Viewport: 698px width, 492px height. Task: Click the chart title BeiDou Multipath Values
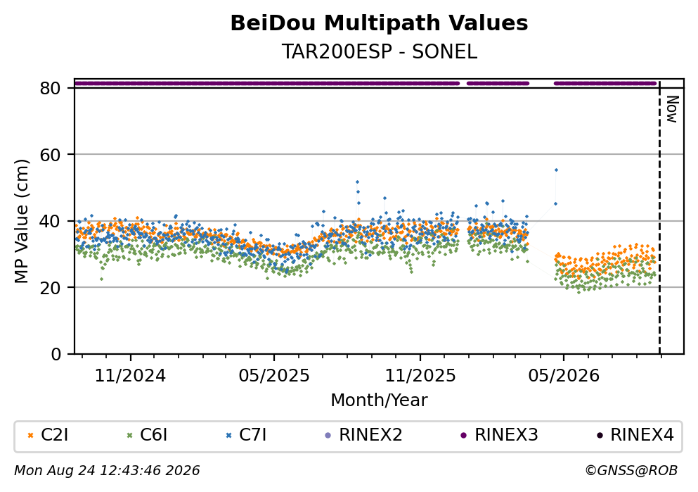click(x=379, y=23)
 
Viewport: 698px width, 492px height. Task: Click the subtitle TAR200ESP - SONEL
click(x=379, y=52)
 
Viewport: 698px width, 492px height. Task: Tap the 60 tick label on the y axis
click(x=50, y=155)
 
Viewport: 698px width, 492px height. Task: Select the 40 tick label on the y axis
click(x=50, y=221)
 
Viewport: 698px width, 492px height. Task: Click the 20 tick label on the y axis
click(x=50, y=287)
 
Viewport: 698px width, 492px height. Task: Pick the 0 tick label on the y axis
click(x=56, y=354)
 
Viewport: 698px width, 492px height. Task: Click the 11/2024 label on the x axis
click(x=131, y=376)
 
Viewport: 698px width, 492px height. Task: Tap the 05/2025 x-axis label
click(x=273, y=376)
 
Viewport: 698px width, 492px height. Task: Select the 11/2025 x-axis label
click(x=420, y=376)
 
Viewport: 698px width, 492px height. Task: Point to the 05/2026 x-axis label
click(x=564, y=376)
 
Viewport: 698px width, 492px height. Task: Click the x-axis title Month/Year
click(x=379, y=400)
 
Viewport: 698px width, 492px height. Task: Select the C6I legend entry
click(x=148, y=435)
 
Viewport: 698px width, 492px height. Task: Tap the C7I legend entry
click(x=246, y=435)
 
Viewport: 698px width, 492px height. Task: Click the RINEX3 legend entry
click(x=499, y=435)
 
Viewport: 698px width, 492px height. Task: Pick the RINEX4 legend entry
click(x=635, y=435)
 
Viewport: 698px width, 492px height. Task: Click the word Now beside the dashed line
click(x=672, y=109)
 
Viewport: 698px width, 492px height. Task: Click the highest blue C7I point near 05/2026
click(x=556, y=170)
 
